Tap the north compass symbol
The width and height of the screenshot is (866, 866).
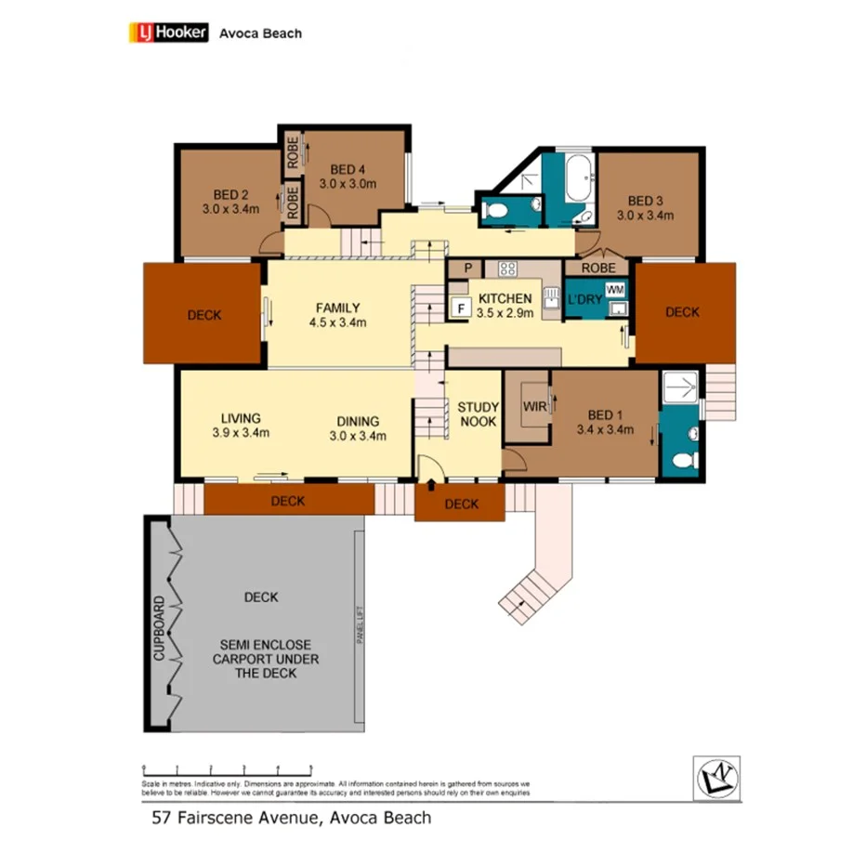tap(716, 777)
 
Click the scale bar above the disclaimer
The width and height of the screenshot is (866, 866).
tap(227, 768)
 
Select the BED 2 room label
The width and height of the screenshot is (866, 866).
tap(230, 195)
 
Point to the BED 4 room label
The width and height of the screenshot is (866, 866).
tap(348, 169)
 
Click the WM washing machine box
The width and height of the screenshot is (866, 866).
tap(614, 290)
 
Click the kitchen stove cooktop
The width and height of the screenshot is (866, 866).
tap(507, 269)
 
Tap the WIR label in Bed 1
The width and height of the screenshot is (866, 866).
tap(534, 406)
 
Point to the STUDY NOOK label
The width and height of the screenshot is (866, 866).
tap(478, 414)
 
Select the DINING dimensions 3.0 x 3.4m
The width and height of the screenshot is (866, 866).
tap(359, 435)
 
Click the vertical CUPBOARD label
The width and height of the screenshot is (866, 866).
tap(159, 627)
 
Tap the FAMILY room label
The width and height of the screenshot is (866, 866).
tap(337, 308)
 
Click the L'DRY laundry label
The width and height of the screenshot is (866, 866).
tap(585, 300)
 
